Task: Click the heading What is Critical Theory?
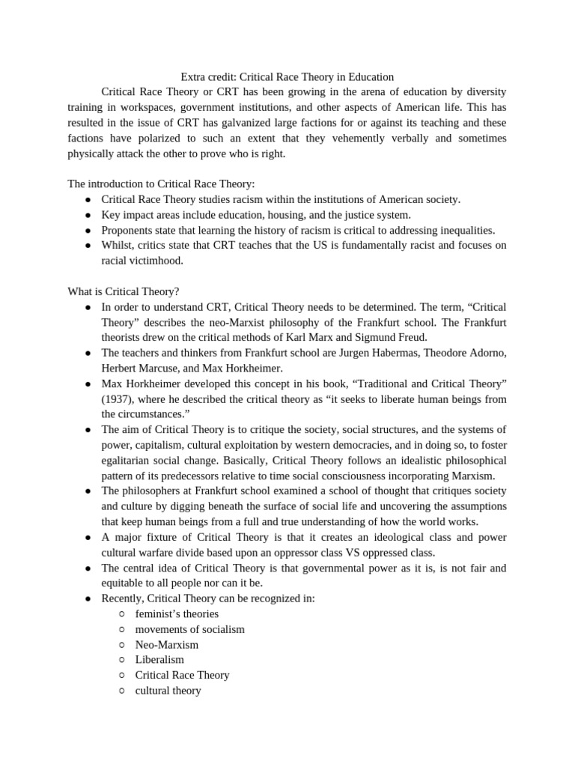[124, 291]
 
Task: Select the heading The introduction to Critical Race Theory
[161, 184]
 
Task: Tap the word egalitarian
[133, 460]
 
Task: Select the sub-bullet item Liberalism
[159, 659]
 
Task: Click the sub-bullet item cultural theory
[168, 690]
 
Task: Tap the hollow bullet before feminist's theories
[121, 613]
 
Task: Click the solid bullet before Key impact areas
[88, 215]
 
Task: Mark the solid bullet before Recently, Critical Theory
[88, 598]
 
